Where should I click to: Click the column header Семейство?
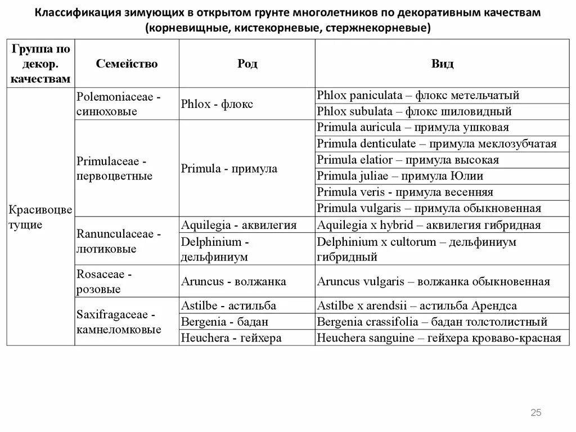[127, 64]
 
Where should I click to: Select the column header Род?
[247, 64]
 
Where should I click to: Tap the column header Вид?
[442, 64]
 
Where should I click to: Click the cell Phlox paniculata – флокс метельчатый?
[418, 95]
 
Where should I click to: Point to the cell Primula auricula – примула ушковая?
[413, 128]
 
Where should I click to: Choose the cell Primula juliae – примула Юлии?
[400, 176]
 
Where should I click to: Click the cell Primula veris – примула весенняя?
[405, 192]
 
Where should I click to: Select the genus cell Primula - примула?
[229, 168]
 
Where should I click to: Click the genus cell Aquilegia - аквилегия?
[238, 225]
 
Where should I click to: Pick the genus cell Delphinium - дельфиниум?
[215, 249]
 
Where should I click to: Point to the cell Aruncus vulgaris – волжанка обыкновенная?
[433, 281]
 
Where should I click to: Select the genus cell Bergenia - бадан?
[224, 322]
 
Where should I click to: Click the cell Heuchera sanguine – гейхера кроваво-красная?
[439, 338]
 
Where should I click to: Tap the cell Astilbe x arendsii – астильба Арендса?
[417, 305]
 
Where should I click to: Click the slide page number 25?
[535, 413]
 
